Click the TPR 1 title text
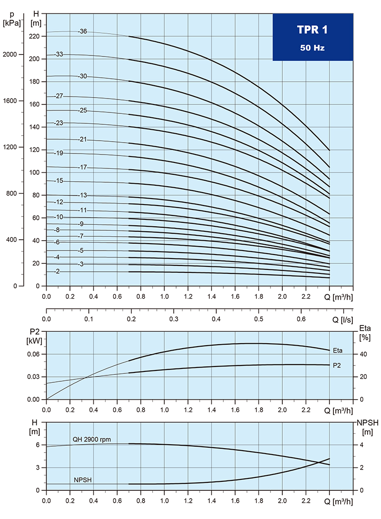pyautogui.click(x=313, y=30)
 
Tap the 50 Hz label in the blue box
pyautogui.click(x=313, y=48)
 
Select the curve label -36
pyautogui.click(x=82, y=31)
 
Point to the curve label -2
pyautogui.click(x=58, y=271)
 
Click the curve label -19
pyautogui.click(x=59, y=153)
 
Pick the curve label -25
pyautogui.click(x=82, y=110)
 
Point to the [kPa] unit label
pyautogui.click(x=12, y=23)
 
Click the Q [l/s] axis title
pyautogui.click(x=342, y=319)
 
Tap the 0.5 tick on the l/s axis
pyautogui.click(x=258, y=319)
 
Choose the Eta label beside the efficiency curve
pyautogui.click(x=339, y=351)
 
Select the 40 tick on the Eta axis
pyautogui.click(x=361, y=354)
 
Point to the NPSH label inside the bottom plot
pyautogui.click(x=82, y=480)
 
